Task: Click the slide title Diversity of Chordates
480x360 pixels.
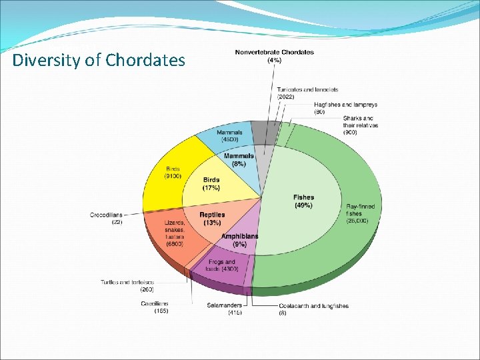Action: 99,61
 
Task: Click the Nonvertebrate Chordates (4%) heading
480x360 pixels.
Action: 274,56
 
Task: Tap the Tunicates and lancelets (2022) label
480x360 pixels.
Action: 307,93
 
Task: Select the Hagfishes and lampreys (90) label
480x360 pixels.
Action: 345,108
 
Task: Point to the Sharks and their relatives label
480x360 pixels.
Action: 360,125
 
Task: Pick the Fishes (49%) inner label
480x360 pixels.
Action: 303,201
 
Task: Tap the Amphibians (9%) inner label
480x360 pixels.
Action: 239,240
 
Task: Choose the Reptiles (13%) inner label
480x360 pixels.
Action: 212,219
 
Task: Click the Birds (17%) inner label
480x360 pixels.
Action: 211,183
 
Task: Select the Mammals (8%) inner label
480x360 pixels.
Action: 239,159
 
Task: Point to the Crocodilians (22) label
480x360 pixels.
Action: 107,218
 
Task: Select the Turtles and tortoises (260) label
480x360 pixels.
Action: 128,286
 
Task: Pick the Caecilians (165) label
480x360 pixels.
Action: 154,307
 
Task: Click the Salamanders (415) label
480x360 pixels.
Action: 225,309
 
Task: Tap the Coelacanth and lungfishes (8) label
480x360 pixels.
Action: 313,309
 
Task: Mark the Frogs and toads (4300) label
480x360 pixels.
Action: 221,265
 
